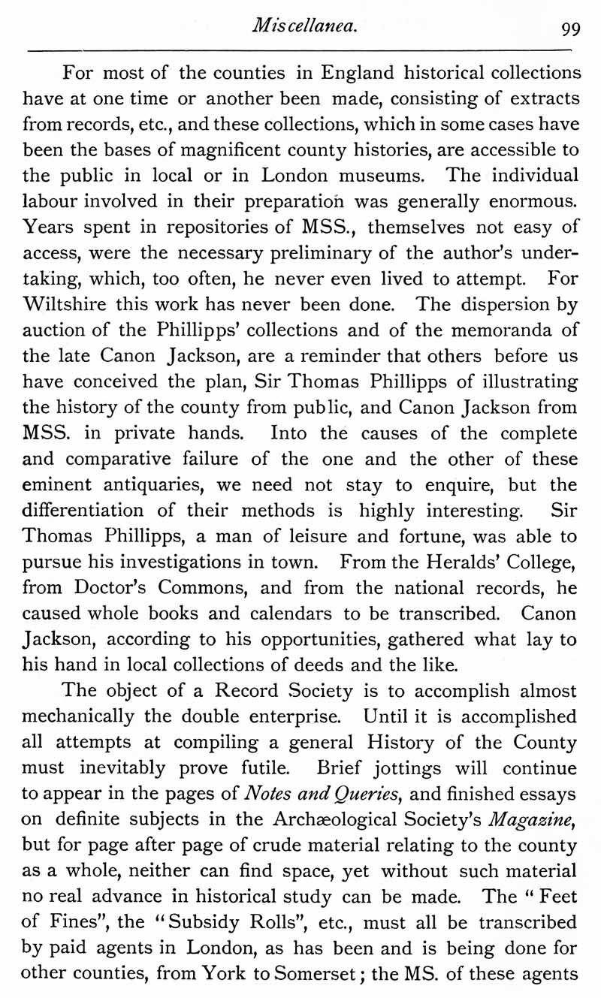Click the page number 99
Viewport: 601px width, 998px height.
point(569,29)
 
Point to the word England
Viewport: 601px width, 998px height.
point(360,74)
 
